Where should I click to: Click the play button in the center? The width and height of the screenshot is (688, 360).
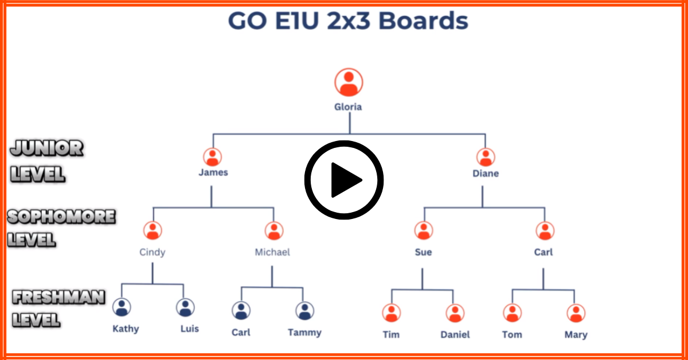click(344, 180)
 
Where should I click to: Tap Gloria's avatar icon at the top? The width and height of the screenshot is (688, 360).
click(349, 83)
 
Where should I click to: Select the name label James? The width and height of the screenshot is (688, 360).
click(213, 173)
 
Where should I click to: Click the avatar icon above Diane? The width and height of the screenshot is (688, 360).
click(486, 157)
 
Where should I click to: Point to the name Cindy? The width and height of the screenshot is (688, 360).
click(153, 252)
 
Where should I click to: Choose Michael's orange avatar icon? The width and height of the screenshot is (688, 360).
click(274, 230)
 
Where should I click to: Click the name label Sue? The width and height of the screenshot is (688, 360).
click(423, 252)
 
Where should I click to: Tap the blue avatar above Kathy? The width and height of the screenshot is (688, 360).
click(122, 308)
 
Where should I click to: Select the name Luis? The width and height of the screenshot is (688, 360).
click(189, 329)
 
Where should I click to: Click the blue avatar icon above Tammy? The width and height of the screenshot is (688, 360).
click(304, 311)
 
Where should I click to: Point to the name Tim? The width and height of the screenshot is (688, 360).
click(391, 335)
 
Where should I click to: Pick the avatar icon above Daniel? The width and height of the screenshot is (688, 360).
click(455, 313)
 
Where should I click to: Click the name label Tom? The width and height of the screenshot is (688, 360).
click(512, 335)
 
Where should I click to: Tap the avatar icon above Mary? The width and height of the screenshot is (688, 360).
click(576, 313)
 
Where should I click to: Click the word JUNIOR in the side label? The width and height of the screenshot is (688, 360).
click(46, 149)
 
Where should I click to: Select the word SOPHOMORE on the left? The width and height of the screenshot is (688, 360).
click(61, 217)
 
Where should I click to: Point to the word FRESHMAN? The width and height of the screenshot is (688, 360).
click(59, 298)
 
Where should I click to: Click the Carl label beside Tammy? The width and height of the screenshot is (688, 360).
click(241, 332)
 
